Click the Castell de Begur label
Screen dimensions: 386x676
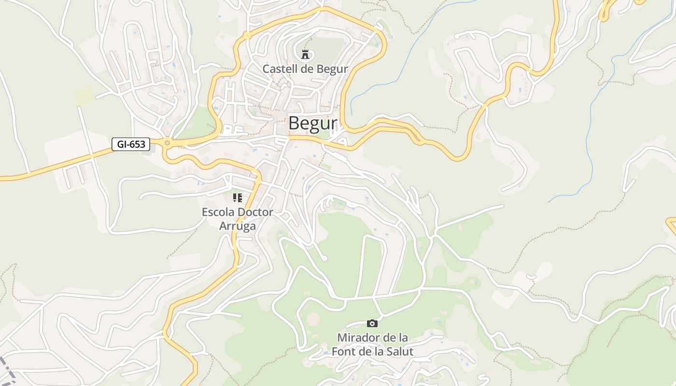coord(305,69)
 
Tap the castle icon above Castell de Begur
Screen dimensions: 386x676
coord(305,55)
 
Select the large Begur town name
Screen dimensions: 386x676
coord(312,124)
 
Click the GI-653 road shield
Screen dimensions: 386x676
coord(131,144)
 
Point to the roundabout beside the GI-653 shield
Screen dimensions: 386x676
coord(167,143)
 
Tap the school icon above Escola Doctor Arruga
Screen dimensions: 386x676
coord(237,198)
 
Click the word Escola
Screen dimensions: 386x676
coord(217,212)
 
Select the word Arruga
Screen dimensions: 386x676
coord(237,226)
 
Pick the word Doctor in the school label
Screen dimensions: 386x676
coord(255,212)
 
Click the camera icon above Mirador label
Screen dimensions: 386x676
coord(372,323)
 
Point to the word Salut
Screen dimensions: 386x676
coord(399,351)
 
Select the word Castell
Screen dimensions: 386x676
coord(278,69)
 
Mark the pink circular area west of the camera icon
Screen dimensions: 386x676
coord(313,318)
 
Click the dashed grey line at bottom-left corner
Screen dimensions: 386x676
coord(7,370)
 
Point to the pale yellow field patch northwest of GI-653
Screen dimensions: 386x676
coord(83,95)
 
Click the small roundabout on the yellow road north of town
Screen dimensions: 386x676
coord(247,35)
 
